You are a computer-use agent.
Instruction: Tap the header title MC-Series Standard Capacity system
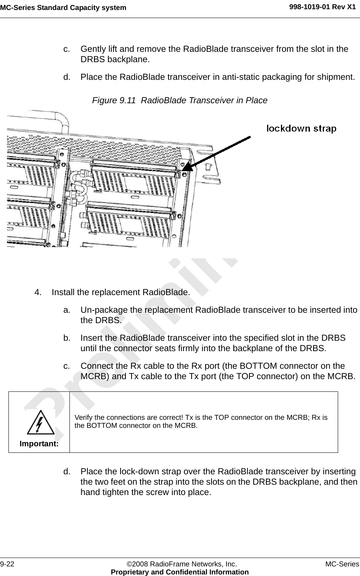tap(63, 8)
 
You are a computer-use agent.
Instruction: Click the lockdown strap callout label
tap(301, 129)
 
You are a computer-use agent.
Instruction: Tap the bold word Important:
tap(39, 444)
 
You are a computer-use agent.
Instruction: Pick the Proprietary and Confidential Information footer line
tap(180, 572)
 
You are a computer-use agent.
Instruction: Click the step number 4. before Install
tap(38, 292)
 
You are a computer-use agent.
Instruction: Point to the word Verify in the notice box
tap(83, 417)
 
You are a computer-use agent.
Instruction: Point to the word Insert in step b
tap(92, 338)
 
